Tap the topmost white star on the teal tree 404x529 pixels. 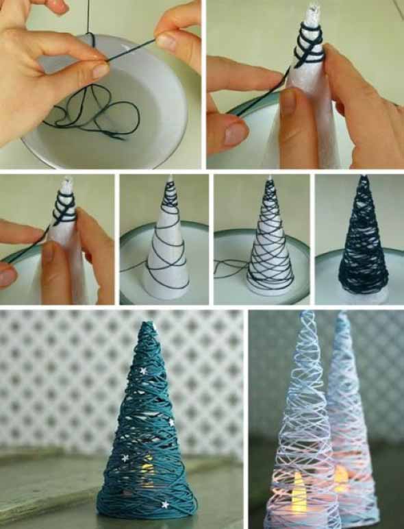click(x=143, y=371)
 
